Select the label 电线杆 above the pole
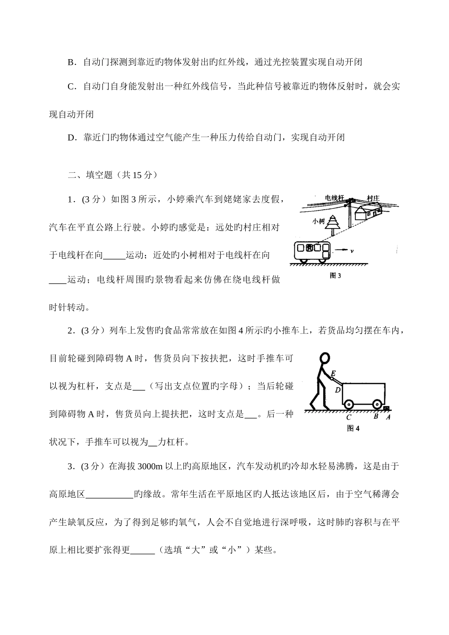tap(334, 198)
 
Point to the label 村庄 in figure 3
tap(373, 198)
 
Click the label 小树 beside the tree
tap(318, 221)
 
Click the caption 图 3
tap(335, 276)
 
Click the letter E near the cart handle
tap(333, 373)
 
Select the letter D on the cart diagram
tap(337, 390)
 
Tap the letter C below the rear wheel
tap(348, 417)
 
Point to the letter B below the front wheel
tap(376, 417)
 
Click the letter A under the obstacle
tap(388, 417)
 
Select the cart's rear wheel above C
tap(348, 405)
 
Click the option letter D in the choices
tap(72, 138)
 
